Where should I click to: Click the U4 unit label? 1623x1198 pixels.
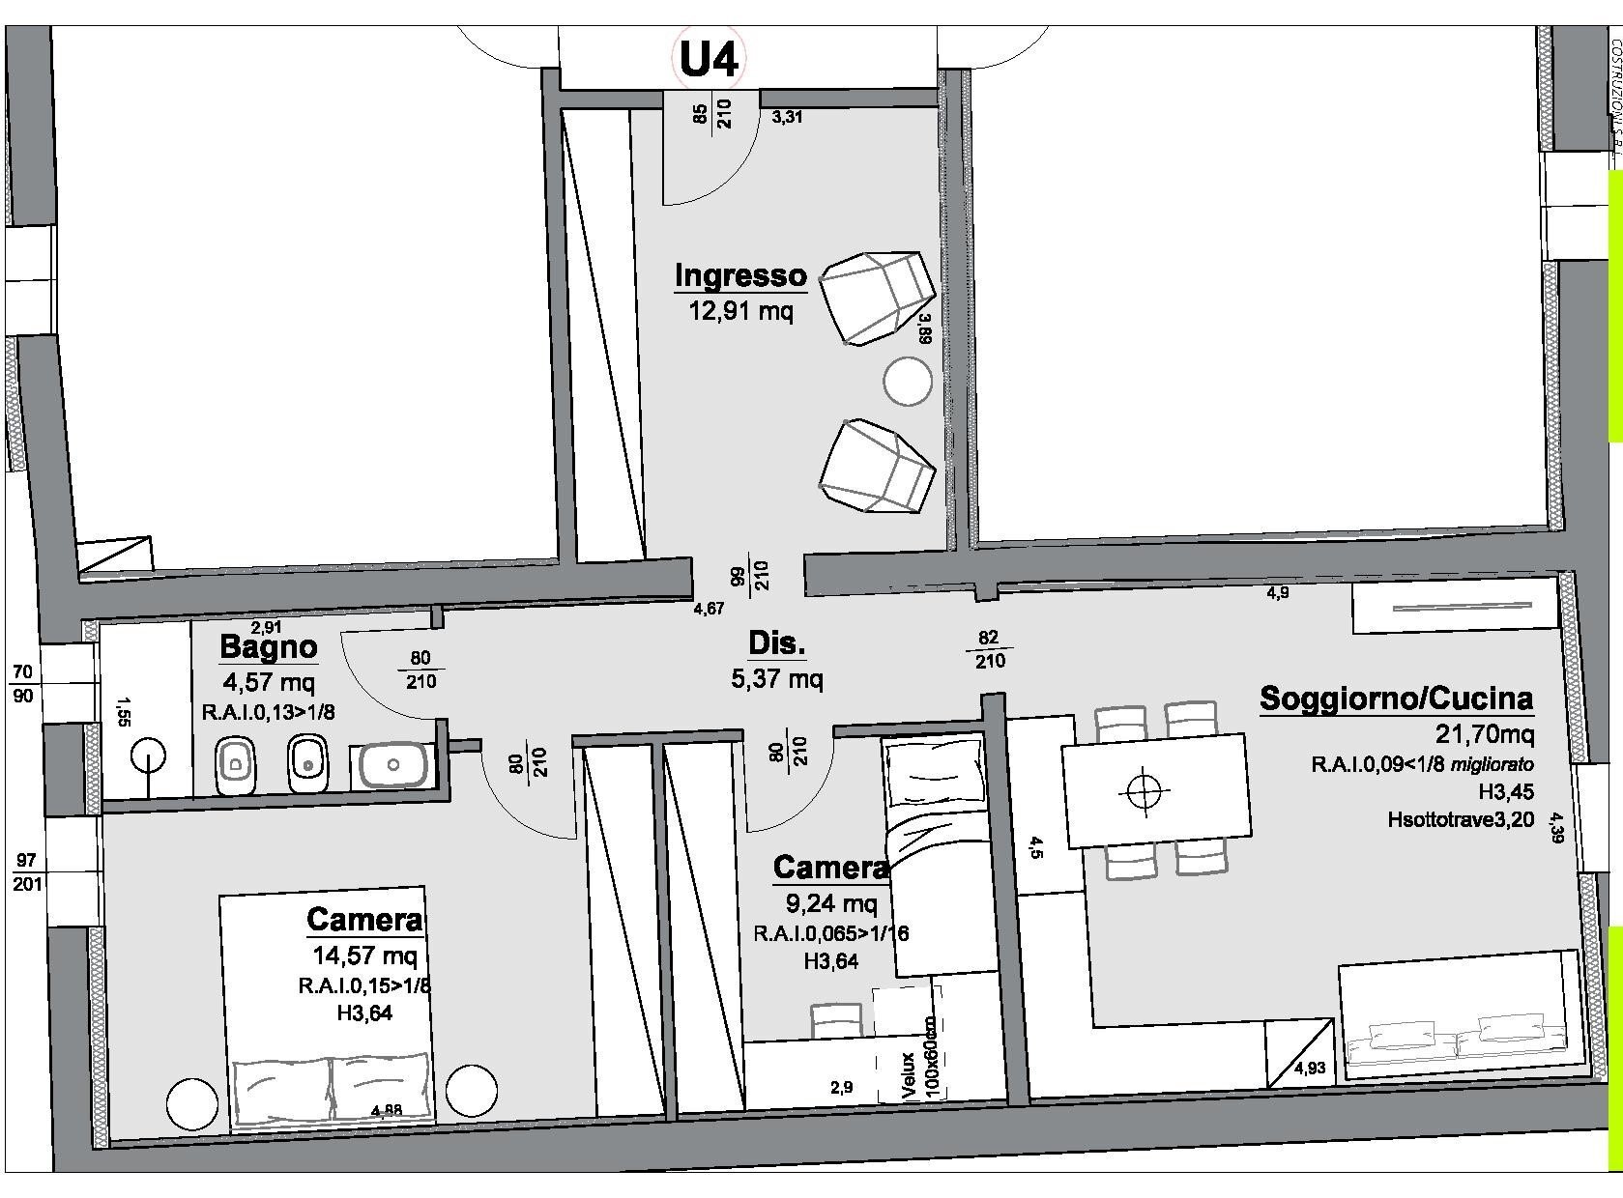(710, 59)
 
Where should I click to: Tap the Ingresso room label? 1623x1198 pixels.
(740, 275)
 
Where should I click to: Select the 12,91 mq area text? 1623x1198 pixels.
(740, 311)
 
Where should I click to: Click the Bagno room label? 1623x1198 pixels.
(268, 646)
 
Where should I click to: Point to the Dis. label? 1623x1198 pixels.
(777, 643)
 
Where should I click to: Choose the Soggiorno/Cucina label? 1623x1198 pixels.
(1396, 698)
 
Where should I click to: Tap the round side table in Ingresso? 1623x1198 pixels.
(907, 381)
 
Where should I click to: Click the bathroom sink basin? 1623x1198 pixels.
(393, 765)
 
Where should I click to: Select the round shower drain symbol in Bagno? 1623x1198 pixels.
(147, 754)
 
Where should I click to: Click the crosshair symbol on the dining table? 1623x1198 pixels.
(1143, 792)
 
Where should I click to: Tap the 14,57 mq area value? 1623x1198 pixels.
(364, 956)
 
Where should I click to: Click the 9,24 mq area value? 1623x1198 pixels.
(831, 903)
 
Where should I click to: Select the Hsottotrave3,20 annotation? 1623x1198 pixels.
(1461, 820)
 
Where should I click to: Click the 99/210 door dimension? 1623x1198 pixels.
(750, 576)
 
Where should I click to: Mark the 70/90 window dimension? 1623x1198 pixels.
(24, 682)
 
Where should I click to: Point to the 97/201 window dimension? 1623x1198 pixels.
(26, 871)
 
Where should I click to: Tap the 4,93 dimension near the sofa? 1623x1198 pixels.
(1310, 1068)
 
